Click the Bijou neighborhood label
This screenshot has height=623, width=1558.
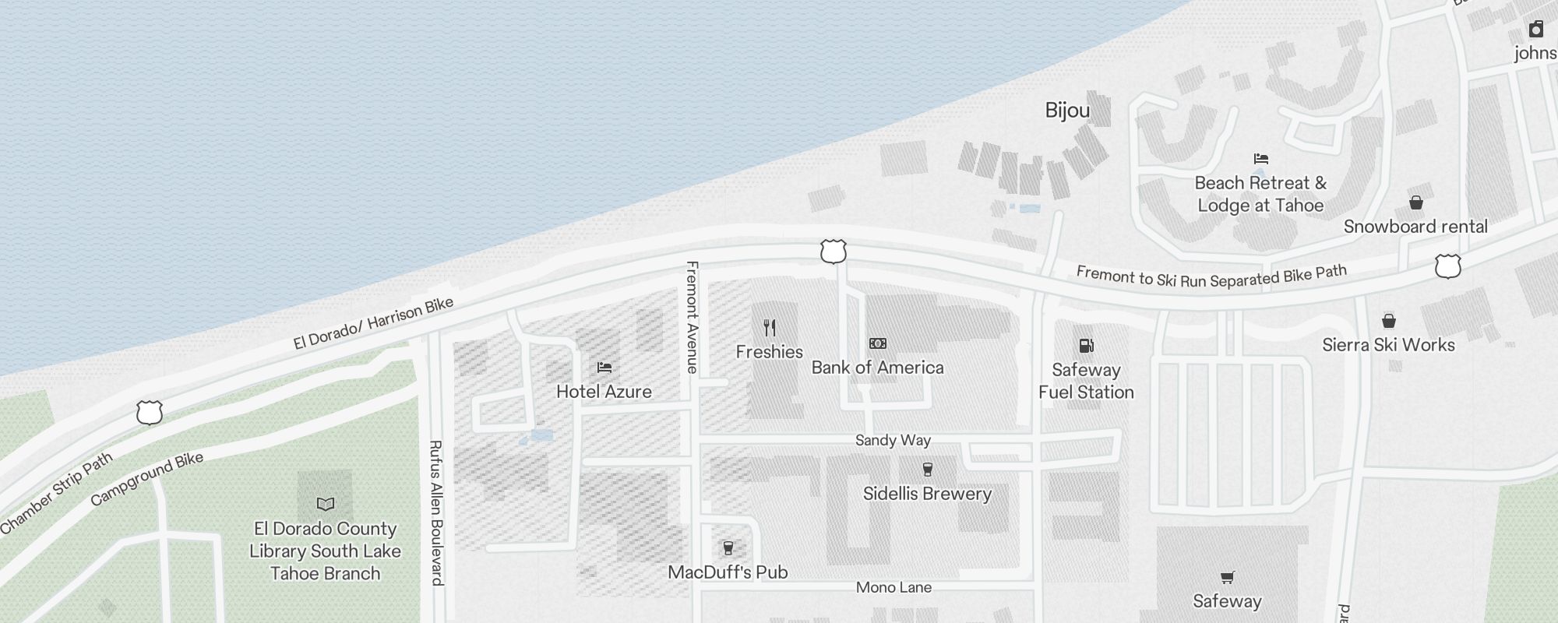pyautogui.click(x=1067, y=111)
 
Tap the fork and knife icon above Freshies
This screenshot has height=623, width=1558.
pyautogui.click(x=770, y=328)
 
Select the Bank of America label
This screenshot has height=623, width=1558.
pyautogui.click(x=877, y=368)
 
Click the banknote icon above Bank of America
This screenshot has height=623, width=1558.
pyautogui.click(x=878, y=343)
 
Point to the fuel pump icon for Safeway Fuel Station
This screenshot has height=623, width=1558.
pyautogui.click(x=1086, y=346)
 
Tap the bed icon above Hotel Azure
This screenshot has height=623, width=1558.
pyautogui.click(x=605, y=368)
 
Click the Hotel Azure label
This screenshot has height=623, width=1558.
pyautogui.click(x=604, y=391)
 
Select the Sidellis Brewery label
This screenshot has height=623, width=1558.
pyautogui.click(x=927, y=494)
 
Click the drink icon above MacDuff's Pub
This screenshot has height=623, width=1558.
pyautogui.click(x=728, y=548)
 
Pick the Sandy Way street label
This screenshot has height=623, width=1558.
pyautogui.click(x=893, y=440)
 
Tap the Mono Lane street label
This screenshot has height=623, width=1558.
pyautogui.click(x=894, y=587)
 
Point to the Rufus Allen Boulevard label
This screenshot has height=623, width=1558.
pyautogui.click(x=436, y=512)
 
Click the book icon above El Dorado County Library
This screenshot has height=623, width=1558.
pyautogui.click(x=326, y=505)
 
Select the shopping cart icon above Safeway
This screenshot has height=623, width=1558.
pyautogui.click(x=1227, y=577)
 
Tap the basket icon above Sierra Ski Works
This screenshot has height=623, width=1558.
pyautogui.click(x=1388, y=321)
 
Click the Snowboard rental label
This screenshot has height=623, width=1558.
pyautogui.click(x=1415, y=227)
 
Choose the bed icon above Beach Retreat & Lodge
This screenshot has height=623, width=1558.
pyautogui.click(x=1261, y=159)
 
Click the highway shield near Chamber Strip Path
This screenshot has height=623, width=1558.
pyautogui.click(x=149, y=413)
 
